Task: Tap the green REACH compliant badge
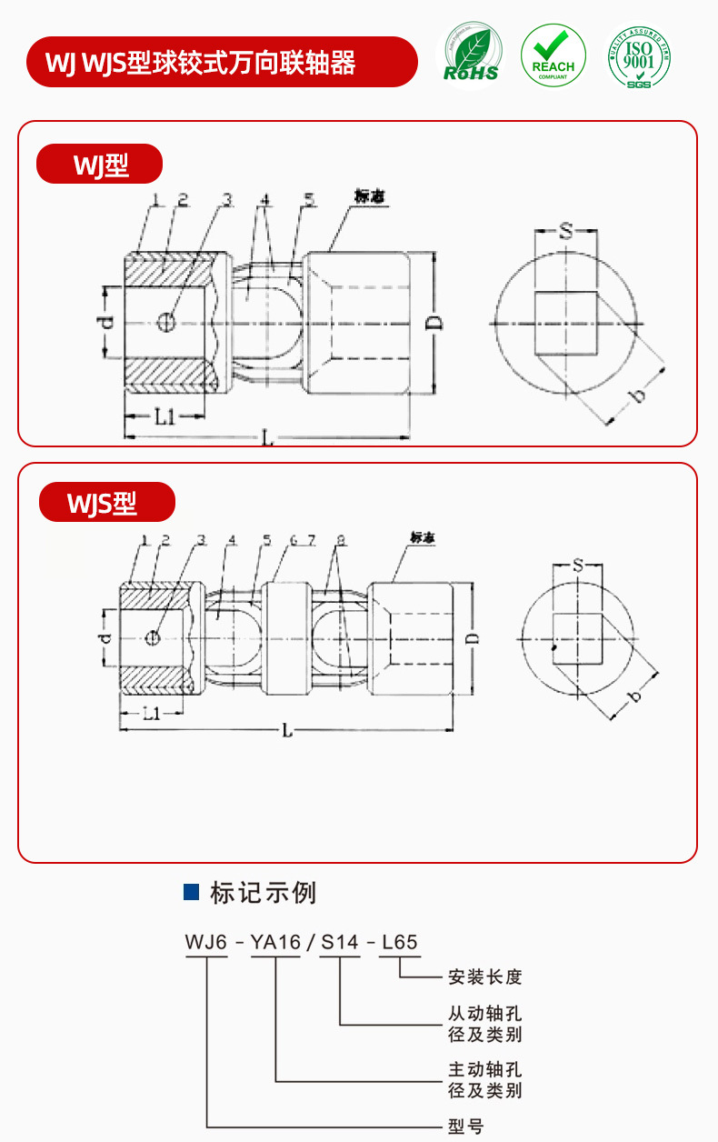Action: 553,55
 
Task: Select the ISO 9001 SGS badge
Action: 640,55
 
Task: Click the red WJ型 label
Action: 100,165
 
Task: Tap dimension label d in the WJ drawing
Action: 106,322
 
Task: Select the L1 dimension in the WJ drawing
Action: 165,417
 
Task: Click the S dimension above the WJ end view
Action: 565,233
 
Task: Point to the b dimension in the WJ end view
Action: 638,395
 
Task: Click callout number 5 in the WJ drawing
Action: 310,200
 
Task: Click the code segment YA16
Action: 275,942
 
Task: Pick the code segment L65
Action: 400,942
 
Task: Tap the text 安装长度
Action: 484,977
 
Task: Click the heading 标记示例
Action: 263,892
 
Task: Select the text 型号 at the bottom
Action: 466,1127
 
